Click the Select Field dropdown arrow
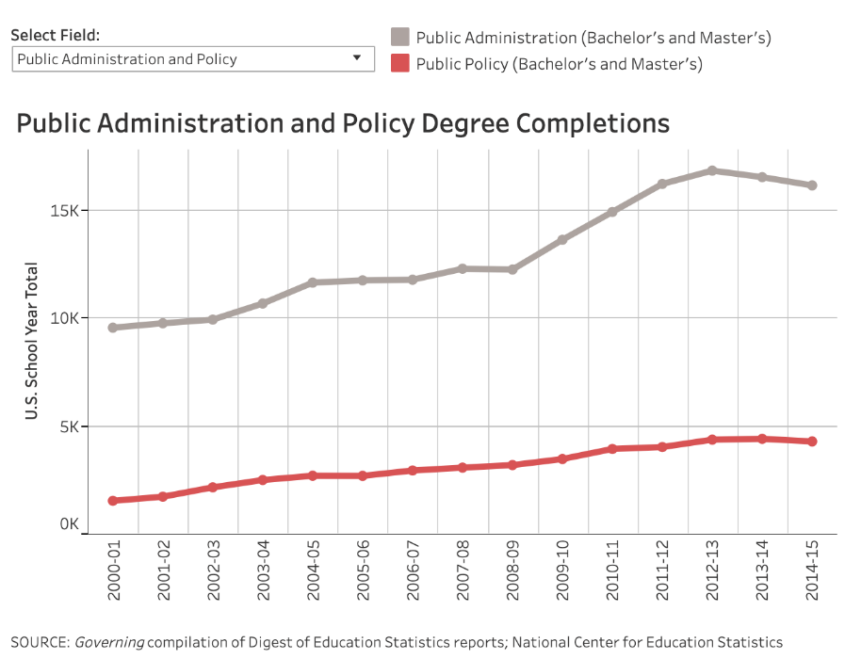pos(357,58)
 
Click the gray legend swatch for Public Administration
pos(400,38)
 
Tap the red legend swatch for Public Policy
pos(400,64)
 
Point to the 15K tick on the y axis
pos(66,210)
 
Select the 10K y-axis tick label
pos(66,318)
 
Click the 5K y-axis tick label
pos(70,426)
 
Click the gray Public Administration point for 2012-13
pos(712,170)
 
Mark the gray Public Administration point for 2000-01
pos(113,328)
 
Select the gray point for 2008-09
pos(512,269)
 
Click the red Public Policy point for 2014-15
pos(812,442)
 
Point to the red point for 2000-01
pos(113,501)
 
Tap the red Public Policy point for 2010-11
pos(612,449)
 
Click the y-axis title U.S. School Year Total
pos(32,341)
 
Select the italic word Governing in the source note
pos(109,642)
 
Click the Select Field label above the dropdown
pos(55,36)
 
